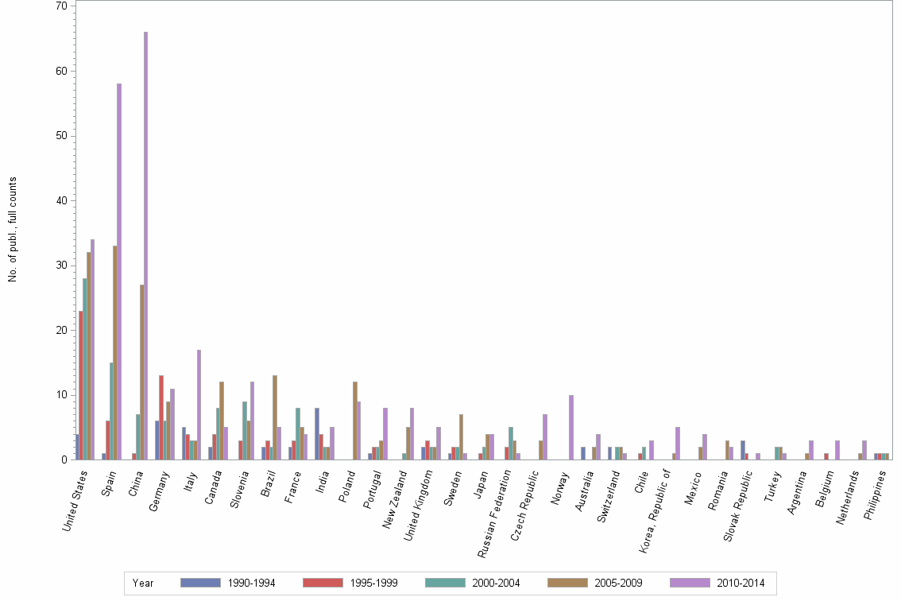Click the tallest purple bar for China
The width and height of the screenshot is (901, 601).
145,246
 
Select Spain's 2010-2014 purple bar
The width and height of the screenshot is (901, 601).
119,271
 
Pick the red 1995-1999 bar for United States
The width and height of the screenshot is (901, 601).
81,385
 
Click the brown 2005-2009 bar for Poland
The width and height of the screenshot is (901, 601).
355,421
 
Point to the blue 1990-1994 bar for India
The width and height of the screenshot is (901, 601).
317,433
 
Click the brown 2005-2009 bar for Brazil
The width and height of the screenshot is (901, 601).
275,417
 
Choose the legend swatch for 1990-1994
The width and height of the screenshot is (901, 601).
200,583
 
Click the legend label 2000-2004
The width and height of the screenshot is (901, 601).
497,584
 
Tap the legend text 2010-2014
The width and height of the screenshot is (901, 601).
741,584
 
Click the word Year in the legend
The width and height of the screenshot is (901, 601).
143,584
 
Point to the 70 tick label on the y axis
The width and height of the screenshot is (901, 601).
60,6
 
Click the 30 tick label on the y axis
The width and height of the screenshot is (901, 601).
60,265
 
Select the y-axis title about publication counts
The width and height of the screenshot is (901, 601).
13,230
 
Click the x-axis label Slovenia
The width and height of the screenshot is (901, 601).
242,490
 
